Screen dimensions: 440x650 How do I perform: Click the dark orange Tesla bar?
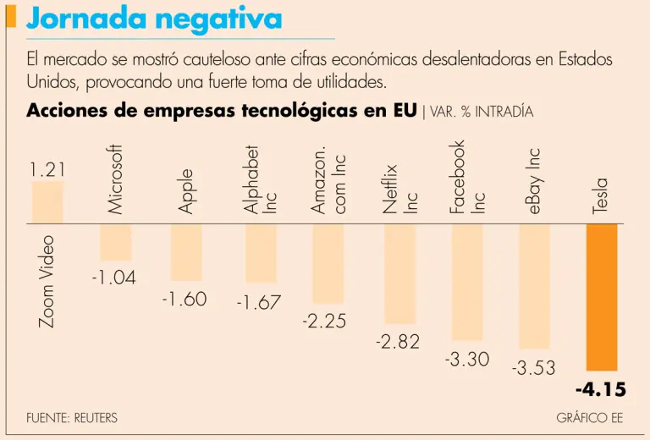(602, 297)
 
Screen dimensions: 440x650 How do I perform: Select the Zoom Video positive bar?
(47, 202)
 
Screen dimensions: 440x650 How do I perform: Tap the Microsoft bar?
(116, 242)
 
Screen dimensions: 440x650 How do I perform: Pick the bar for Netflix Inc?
(400, 273)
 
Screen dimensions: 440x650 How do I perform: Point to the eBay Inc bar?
(535, 286)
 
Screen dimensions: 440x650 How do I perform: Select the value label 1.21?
(47, 170)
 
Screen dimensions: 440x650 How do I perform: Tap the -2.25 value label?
(324, 322)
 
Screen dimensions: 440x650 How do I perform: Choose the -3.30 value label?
(467, 359)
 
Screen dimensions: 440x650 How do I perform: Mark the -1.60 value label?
(184, 300)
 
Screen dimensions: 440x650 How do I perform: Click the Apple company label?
(186, 191)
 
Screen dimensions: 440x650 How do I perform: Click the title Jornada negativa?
(154, 18)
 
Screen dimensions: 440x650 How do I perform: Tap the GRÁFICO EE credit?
(590, 418)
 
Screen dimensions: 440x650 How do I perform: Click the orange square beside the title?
(10, 16)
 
